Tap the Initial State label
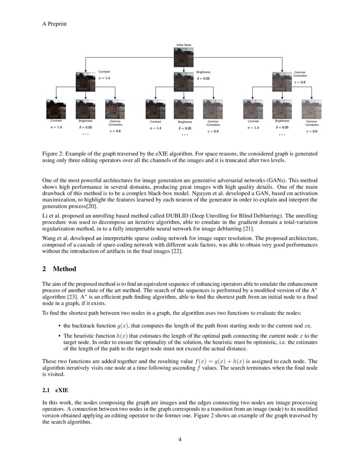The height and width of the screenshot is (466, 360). [x=183, y=45]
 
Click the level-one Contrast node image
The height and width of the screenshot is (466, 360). [x=86, y=81]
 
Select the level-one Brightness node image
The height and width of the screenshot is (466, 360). [x=183, y=82]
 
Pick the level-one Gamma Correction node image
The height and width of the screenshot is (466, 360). [x=282, y=81]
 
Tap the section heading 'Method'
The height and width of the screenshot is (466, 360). [x=64, y=269]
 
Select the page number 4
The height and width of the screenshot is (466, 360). [x=180, y=439]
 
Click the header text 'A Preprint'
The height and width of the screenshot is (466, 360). [x=54, y=24]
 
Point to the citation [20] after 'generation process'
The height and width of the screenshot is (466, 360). [x=92, y=207]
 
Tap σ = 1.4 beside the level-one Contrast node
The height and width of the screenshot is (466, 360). [x=105, y=78]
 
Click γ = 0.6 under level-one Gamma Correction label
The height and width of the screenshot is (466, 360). [x=300, y=83]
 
